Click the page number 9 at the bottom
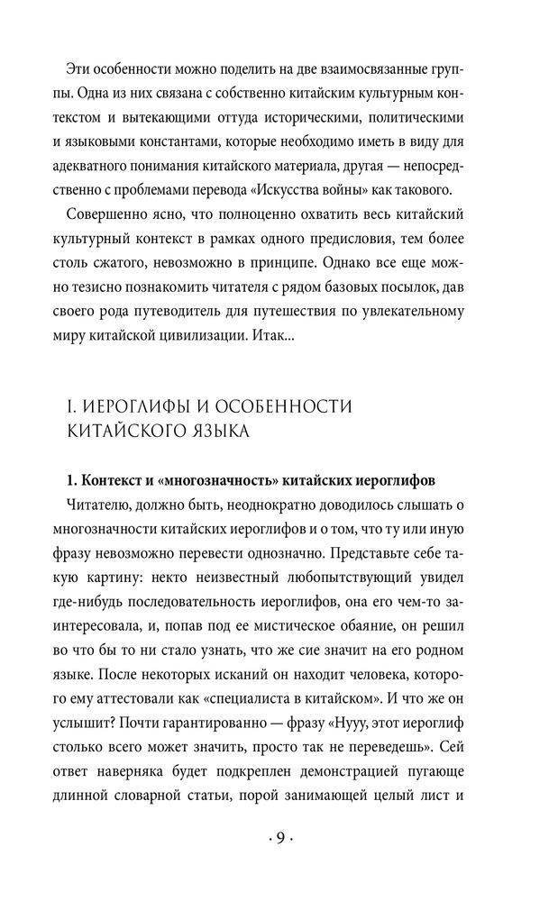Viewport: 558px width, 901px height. click(x=279, y=839)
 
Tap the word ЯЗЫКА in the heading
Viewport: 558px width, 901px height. click(x=215, y=432)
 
